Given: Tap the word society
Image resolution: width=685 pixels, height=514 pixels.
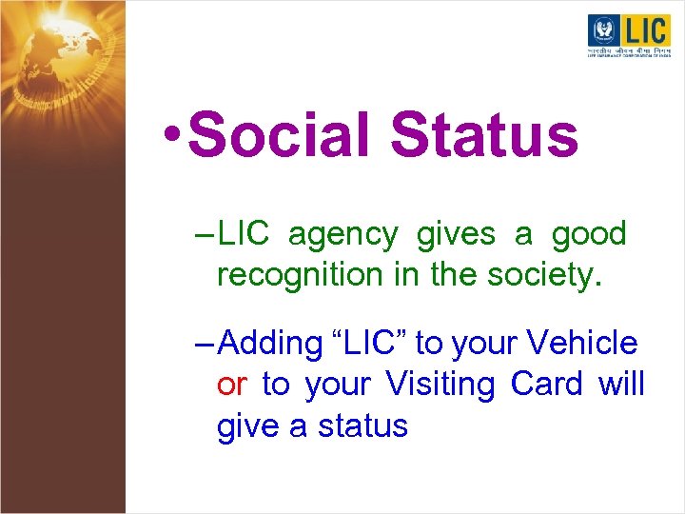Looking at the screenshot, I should pos(549,275).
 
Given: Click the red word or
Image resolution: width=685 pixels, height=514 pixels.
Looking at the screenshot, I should pos(233,384).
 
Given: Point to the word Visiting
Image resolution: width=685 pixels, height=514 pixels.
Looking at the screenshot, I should pos(440,384).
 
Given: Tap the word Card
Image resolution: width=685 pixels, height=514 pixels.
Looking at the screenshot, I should pos(548,384).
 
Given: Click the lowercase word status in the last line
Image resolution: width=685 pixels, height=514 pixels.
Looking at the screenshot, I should pos(362,425).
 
